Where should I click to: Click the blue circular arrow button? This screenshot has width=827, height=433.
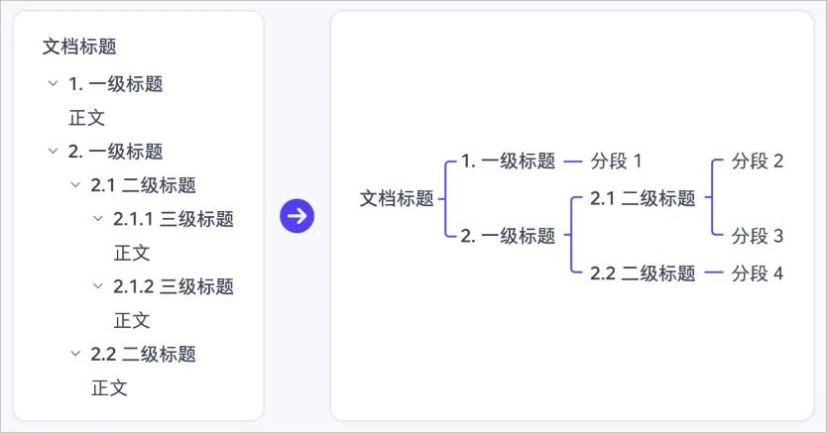296,216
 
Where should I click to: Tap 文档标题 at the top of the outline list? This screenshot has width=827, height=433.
79,47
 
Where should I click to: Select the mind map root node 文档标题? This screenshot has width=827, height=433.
397,198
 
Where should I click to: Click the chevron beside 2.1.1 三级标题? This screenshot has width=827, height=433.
97,219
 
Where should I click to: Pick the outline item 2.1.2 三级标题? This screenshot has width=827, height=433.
174,286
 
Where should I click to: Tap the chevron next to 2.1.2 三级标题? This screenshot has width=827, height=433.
97,286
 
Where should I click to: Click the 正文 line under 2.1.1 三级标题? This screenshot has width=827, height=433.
132,253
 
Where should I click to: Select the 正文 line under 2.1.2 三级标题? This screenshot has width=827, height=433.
132,320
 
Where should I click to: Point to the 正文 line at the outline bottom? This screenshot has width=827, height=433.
109,388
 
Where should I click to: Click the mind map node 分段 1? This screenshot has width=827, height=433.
616,162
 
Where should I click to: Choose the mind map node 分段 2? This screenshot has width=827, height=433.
757,162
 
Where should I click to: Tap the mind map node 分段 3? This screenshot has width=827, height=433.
757,236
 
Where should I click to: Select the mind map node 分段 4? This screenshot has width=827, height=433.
757,273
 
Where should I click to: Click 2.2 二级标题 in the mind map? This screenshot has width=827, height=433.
643,273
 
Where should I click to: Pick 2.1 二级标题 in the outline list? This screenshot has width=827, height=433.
144,185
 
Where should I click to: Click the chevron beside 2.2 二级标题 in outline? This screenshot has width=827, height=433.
75,354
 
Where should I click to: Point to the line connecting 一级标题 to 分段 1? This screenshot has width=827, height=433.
573,162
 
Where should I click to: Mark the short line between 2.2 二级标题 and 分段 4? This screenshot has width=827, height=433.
714,272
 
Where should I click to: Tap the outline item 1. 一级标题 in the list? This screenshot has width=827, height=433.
115,84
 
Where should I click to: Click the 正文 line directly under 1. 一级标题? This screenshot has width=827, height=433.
86,118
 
